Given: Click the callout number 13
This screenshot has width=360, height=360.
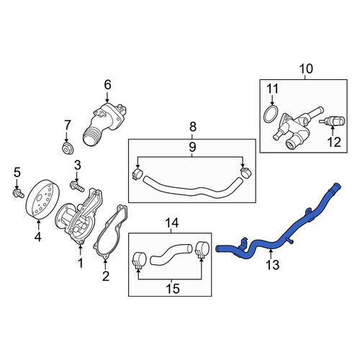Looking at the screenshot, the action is (x=272, y=265).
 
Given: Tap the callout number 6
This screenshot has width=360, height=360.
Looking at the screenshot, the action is (x=107, y=85).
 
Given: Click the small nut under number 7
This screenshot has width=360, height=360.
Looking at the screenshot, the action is (x=67, y=148).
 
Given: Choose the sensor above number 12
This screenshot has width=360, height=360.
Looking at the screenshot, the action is (x=332, y=121).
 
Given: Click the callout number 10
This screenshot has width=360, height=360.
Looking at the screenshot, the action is (x=306, y=69).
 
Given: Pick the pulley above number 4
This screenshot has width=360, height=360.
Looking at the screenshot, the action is (x=42, y=199).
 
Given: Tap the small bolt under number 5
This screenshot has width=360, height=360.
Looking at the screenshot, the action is (x=18, y=193).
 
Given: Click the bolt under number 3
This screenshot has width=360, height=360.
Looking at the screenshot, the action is (x=77, y=187).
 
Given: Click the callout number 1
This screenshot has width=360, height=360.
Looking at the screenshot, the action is (x=81, y=263).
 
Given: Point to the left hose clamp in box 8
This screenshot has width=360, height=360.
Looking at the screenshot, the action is (x=138, y=174).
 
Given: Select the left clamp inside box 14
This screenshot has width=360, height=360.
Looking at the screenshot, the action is (x=139, y=261).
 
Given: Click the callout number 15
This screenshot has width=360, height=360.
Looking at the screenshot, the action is (x=173, y=289).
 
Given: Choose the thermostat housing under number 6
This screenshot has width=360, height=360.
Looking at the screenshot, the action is (x=104, y=124).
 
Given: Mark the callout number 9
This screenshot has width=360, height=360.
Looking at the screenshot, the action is (x=192, y=147).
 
